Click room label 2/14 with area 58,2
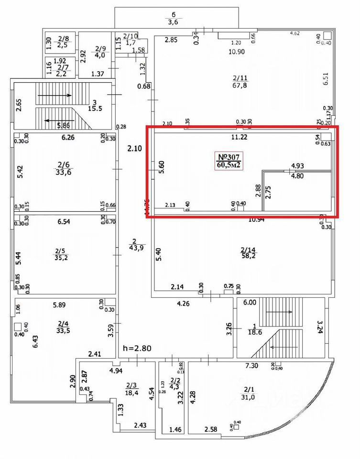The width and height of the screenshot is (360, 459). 249,252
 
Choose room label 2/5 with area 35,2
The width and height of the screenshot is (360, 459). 60,253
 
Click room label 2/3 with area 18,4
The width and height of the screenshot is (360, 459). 131,388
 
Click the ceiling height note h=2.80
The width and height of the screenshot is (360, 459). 137,348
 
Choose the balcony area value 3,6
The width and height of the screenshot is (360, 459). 174,21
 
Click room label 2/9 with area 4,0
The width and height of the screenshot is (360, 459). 100,52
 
